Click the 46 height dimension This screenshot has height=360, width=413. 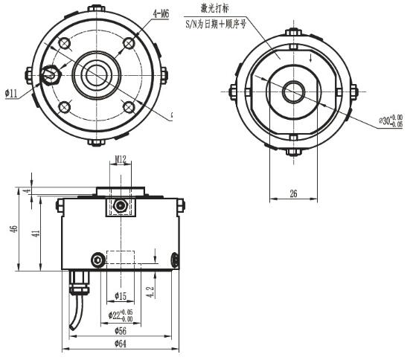coord(14,229)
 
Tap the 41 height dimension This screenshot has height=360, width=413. coord(35,234)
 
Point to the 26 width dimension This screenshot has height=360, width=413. coord(292,193)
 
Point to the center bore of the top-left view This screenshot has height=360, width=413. coord(96,74)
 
